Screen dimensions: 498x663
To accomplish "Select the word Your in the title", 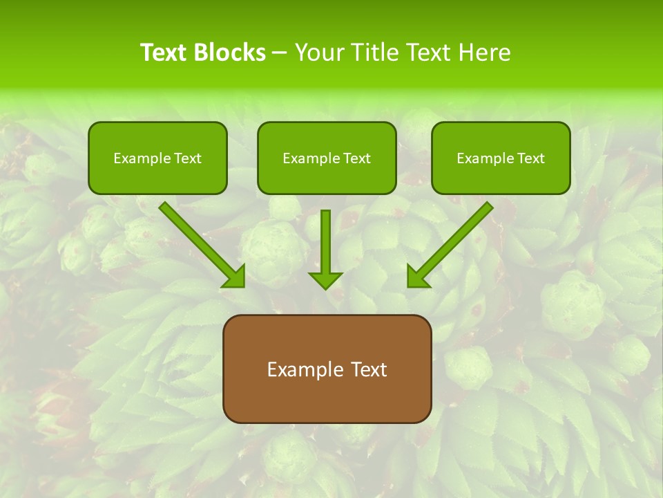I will (x=320, y=53).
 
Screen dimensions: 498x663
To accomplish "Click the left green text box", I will (x=157, y=158).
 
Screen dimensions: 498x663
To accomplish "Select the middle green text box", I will (x=327, y=158).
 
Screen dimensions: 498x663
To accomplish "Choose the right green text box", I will (x=501, y=158).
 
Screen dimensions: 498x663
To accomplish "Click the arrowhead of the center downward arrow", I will (x=325, y=279).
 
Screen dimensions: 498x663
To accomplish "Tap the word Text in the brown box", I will (x=367, y=369).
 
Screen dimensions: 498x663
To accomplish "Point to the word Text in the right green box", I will (x=530, y=158).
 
